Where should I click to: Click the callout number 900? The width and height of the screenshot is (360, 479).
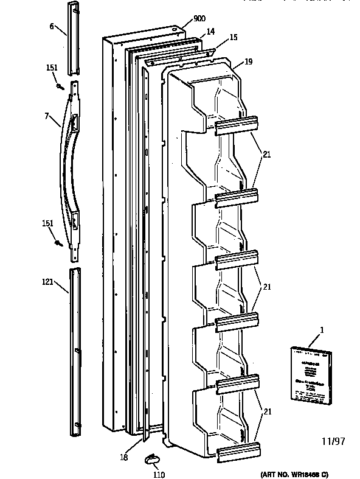point(199,19)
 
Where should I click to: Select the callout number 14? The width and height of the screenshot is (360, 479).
point(210,31)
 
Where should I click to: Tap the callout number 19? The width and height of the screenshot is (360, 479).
point(249,61)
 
